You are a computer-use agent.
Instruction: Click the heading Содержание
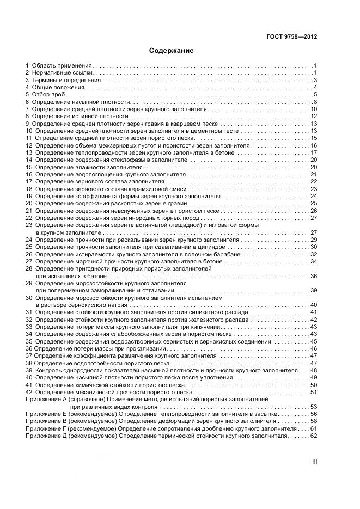(x=172, y=51)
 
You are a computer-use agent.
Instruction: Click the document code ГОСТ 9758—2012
(x=291, y=37)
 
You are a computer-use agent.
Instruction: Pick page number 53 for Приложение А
(x=314, y=407)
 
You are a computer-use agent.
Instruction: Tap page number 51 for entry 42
(x=314, y=392)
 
